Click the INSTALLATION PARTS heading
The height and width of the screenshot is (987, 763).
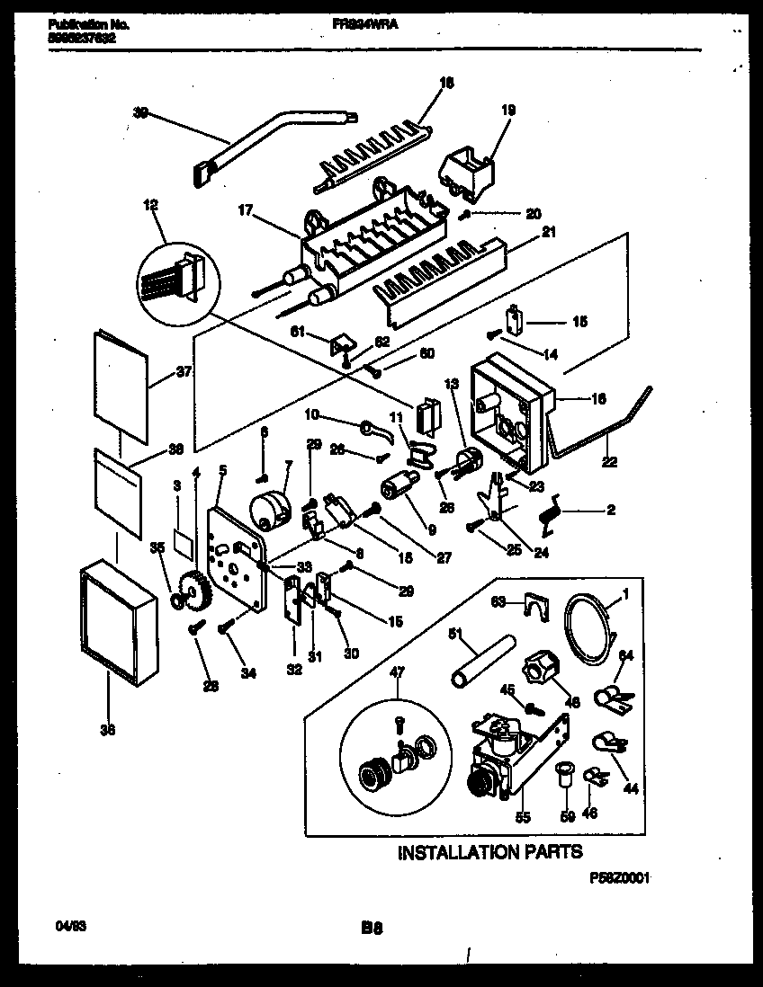point(489,851)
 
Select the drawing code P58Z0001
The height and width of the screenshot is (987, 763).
point(618,878)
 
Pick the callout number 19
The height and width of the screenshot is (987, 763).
point(507,112)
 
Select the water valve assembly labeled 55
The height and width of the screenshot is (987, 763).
point(508,751)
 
